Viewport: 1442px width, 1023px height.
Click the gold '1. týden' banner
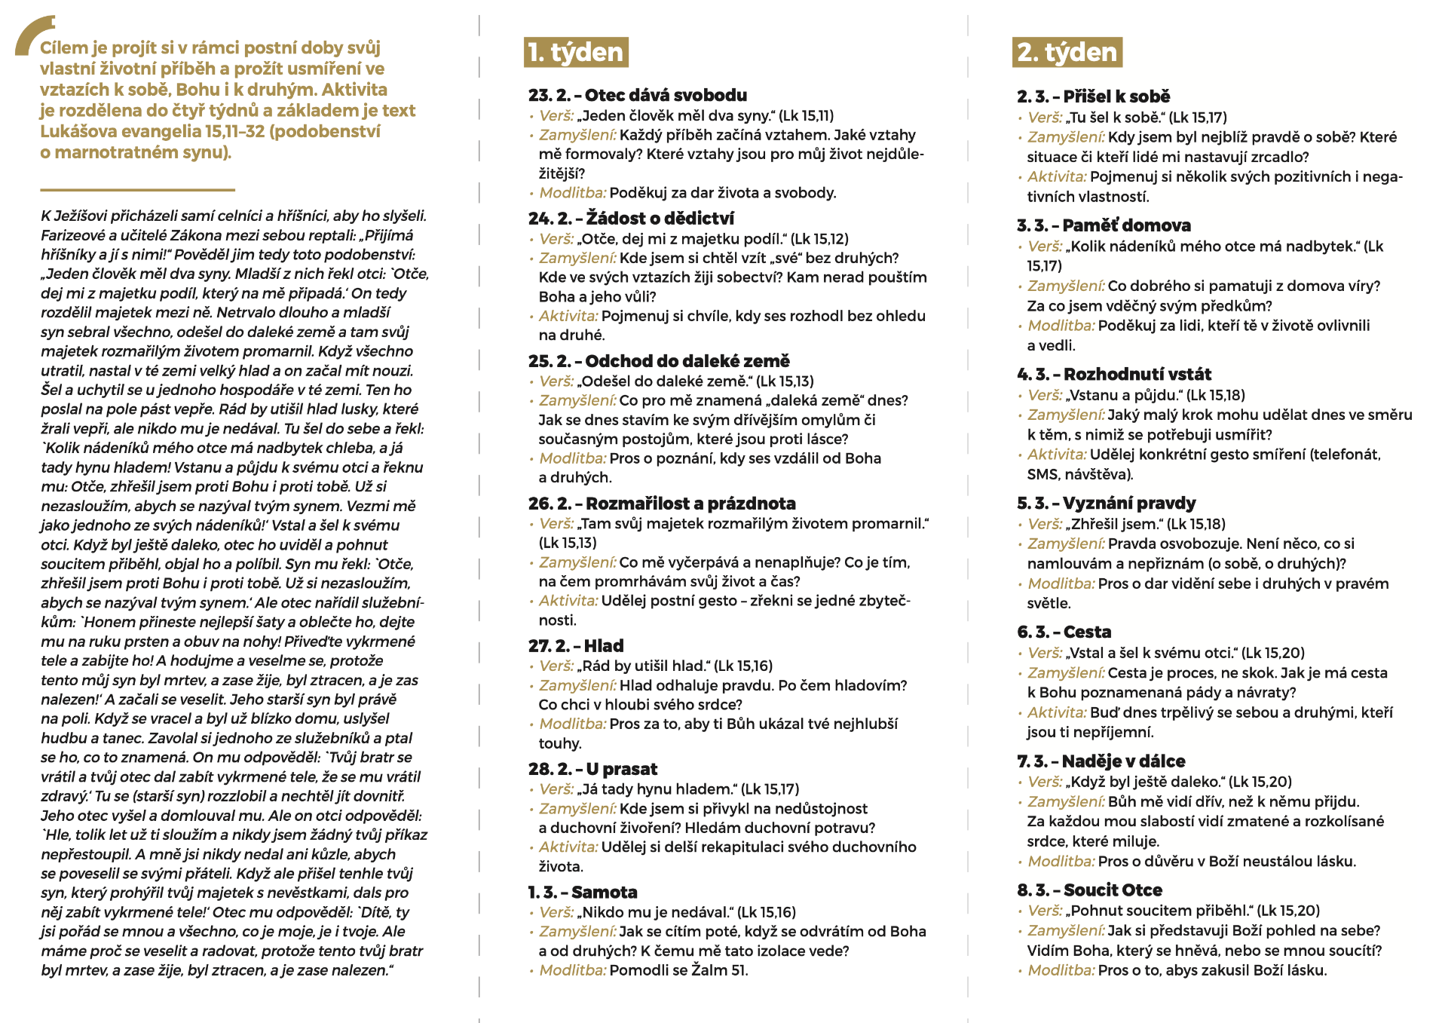(576, 52)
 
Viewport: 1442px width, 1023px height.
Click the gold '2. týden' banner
(1067, 52)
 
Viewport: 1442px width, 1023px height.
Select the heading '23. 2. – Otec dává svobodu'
(638, 96)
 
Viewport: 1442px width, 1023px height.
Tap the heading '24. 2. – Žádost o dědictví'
(631, 219)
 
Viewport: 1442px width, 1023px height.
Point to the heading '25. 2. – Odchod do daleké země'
(659, 361)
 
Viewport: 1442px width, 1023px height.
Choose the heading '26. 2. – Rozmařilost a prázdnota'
(662, 504)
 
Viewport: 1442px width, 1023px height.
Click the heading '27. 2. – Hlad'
(576, 646)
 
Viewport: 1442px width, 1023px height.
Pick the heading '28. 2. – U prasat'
(592, 769)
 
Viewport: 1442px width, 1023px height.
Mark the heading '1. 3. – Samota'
(583, 893)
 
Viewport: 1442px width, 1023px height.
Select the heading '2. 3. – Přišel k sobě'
(1093, 96)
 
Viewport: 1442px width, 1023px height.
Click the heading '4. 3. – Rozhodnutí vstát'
(1113, 375)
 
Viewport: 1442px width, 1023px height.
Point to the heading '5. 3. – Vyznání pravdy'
(1106, 504)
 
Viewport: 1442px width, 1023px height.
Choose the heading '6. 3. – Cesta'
(1064, 632)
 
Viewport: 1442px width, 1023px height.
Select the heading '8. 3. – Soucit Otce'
(1089, 890)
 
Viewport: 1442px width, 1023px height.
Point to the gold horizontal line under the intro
(137, 189)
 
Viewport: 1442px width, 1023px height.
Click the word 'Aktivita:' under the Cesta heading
(1057, 712)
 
